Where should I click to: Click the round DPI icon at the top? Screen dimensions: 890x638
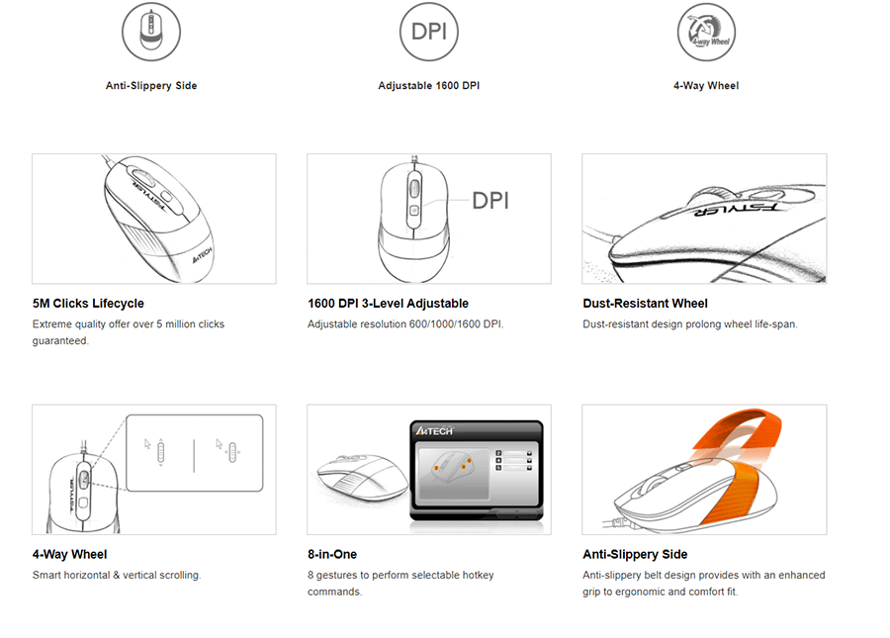428,32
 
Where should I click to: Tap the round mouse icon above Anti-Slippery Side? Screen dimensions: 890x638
151,32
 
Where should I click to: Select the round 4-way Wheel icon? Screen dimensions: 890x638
706,32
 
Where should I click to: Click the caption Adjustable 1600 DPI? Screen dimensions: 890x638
428,86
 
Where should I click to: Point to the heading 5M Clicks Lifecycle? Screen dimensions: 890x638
88,304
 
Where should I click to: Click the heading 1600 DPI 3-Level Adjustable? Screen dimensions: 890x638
388,304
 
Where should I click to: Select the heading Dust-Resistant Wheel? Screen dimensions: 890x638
645,304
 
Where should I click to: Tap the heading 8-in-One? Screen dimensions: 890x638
332,555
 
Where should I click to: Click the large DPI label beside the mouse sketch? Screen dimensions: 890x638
490,201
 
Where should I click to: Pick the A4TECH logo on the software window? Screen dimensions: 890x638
434,431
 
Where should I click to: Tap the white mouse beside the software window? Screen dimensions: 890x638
362,477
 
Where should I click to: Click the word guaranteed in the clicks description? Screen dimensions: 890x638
60,340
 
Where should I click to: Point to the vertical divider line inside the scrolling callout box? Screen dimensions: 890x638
194,455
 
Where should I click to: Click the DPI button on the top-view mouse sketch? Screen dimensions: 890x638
413,211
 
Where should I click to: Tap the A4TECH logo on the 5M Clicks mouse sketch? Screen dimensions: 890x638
202,255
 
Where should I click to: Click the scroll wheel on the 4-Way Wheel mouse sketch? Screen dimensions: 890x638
83,480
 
